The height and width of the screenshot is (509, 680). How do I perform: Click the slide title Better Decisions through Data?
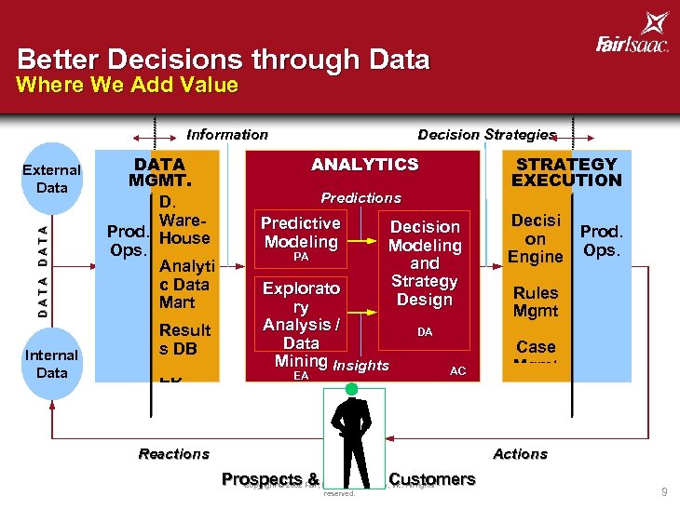coord(224,60)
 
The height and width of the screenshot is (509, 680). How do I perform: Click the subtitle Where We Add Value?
coord(128,86)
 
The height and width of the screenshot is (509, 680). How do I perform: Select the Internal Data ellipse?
coord(52,364)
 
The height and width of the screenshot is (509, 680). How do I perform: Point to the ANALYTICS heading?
coord(364,165)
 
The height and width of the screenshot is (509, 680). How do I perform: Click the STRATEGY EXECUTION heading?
coord(566,172)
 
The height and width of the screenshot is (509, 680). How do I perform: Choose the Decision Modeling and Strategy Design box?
coord(425,263)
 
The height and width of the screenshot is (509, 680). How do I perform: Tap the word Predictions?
coord(360,198)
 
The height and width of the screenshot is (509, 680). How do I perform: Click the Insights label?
coord(360,366)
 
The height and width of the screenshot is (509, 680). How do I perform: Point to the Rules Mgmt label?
coord(536,301)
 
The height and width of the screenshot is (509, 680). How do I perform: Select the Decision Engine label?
coord(536,238)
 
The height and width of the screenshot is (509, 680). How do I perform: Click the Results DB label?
coord(184,339)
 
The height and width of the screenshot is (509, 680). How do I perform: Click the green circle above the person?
coord(351,389)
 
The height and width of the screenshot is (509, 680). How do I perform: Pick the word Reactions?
coord(173,454)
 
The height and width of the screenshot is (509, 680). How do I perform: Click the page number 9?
coord(664,492)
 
